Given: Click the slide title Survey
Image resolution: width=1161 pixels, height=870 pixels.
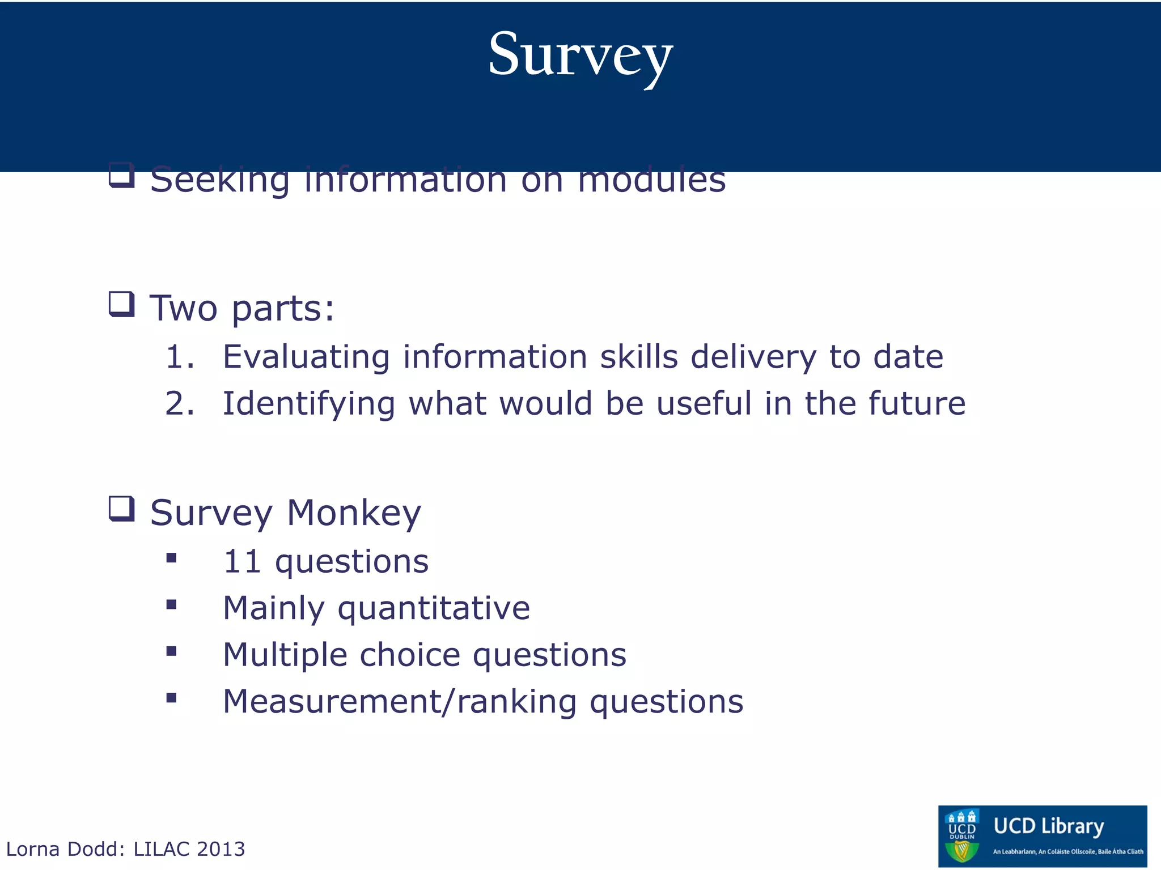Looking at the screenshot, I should tap(580, 56).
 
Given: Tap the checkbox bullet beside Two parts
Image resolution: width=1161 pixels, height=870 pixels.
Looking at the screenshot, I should tap(121, 304).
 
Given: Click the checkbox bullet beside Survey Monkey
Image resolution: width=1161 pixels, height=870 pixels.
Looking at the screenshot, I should tap(121, 509).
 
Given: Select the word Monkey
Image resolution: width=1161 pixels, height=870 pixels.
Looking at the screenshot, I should tap(354, 513).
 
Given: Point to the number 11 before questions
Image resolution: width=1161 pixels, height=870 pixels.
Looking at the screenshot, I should tap(242, 561).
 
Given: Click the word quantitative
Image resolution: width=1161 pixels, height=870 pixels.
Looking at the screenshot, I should tap(434, 608).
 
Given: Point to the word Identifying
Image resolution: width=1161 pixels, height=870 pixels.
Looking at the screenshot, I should tap(308, 404).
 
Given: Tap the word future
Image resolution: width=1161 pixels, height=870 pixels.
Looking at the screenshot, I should tap(917, 403).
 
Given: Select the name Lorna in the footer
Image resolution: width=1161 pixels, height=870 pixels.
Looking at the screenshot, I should tap(33, 849).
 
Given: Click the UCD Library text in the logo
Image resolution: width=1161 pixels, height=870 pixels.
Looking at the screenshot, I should tap(1049, 826).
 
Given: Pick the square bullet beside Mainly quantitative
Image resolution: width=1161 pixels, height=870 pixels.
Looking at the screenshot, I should tap(171, 605).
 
